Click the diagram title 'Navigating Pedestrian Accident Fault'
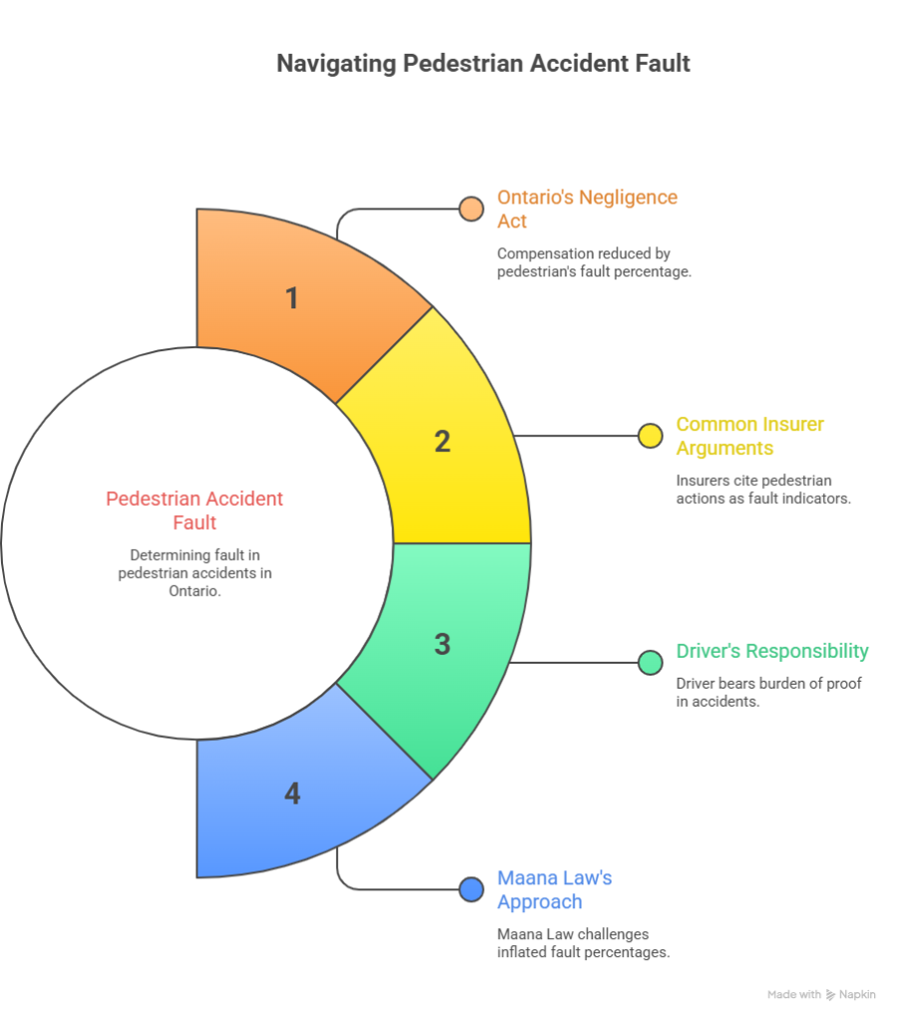point(483,64)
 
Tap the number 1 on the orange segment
point(292,297)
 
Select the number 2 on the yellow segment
point(442,441)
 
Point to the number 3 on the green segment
point(442,645)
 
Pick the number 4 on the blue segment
point(292,793)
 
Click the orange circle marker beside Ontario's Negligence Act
point(471,209)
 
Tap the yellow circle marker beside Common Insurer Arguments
point(651,435)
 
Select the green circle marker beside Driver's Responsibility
point(651,662)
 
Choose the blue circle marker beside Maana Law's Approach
point(471,889)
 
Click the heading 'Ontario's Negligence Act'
point(587,209)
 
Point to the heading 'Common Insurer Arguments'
point(749,436)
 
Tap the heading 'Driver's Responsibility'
point(772,652)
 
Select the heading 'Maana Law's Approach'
point(554,889)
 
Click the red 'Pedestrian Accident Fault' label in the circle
point(195,509)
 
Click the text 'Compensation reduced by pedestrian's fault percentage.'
point(594,262)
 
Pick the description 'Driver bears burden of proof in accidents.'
point(768,693)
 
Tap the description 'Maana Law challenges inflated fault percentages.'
point(583,943)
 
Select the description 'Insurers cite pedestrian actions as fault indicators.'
point(763,489)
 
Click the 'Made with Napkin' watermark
point(821,995)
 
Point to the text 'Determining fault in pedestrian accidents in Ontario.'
point(195,573)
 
